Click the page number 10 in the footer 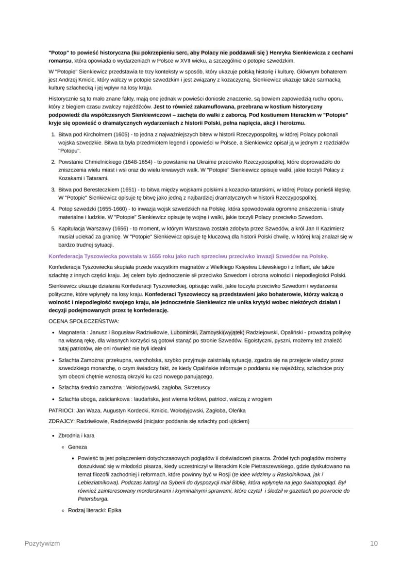point(373,544)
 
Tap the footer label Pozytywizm point(42,544)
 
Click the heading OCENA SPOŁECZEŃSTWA point(84,321)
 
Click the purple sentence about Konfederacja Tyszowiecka point(189,256)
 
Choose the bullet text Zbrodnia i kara point(76,436)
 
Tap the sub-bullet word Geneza point(78,447)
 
